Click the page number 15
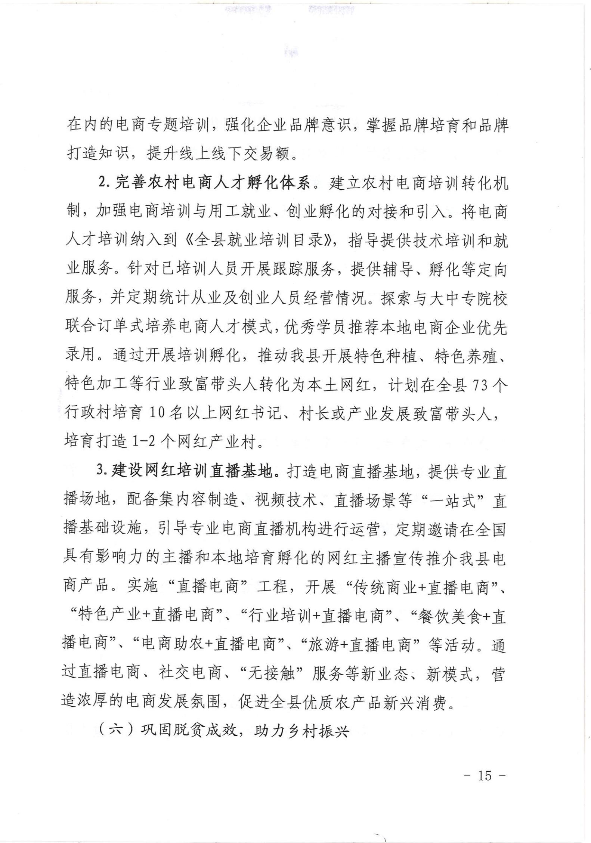click(484, 775)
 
